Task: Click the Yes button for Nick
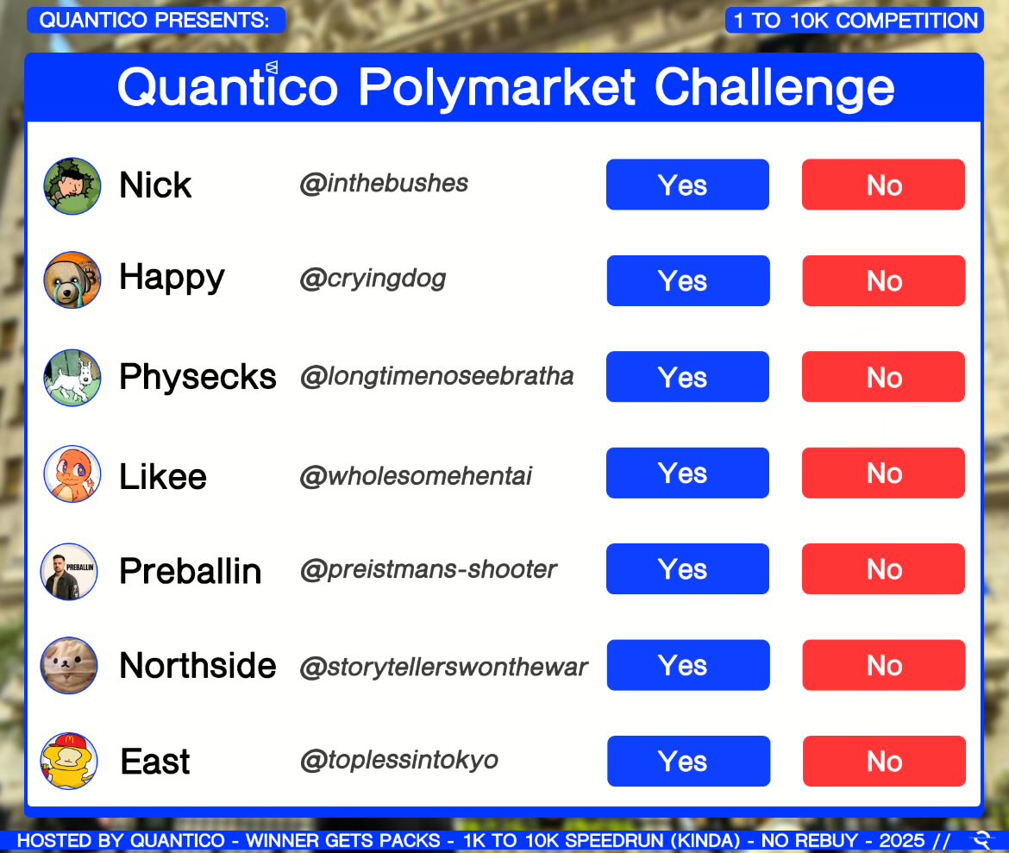click(687, 185)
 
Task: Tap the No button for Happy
click(883, 280)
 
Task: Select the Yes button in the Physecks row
click(687, 377)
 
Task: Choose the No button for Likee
click(883, 473)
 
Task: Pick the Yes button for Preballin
click(687, 569)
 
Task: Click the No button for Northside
click(883, 665)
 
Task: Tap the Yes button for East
click(687, 761)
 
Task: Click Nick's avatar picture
click(72, 185)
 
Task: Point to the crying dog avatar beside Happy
click(72, 280)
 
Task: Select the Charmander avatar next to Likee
click(72, 474)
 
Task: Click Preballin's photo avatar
click(70, 570)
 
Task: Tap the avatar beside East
click(69, 761)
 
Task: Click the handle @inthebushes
click(384, 183)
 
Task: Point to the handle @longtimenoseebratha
click(436, 377)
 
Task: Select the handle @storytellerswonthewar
click(443, 667)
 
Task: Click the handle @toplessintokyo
click(398, 760)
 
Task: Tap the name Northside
click(197, 666)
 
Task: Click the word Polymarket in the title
click(498, 87)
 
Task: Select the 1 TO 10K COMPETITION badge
click(854, 21)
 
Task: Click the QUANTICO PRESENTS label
click(155, 20)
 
